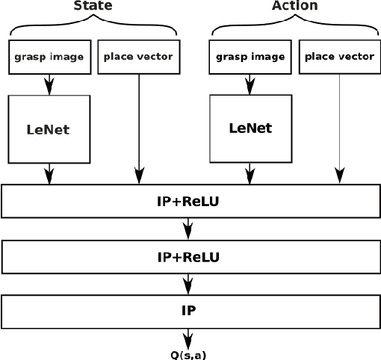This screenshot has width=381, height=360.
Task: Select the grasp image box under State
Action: click(x=49, y=57)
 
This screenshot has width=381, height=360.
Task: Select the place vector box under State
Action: click(x=138, y=57)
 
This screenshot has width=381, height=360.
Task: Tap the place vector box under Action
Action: click(x=338, y=57)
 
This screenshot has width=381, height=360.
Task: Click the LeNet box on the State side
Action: click(x=49, y=129)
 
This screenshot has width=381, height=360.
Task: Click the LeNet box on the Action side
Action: click(x=250, y=128)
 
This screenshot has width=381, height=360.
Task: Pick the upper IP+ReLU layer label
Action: click(x=188, y=202)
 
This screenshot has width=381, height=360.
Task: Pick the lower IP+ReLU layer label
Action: click(x=188, y=257)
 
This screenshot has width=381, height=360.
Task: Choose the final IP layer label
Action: click(x=188, y=308)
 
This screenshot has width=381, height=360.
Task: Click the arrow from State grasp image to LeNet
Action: click(x=49, y=84)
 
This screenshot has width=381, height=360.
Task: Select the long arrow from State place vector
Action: click(x=139, y=127)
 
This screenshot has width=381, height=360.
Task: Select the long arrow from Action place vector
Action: click(x=339, y=127)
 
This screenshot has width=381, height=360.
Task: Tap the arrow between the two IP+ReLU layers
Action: click(x=188, y=229)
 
